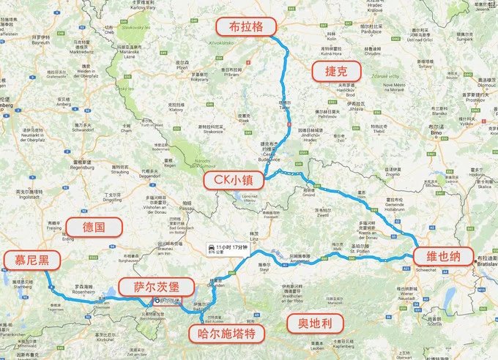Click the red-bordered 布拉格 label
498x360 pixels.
(246, 26)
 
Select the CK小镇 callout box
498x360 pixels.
(233, 179)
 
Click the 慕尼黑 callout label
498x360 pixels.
(31, 260)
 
